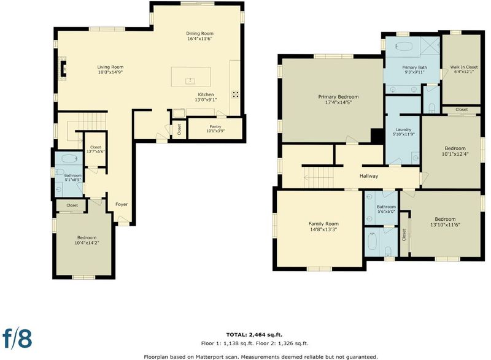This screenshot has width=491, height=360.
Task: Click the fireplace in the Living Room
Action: [x=64, y=68]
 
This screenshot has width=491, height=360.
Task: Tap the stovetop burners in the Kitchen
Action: [x=235, y=94]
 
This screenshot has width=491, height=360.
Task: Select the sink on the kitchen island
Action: [x=190, y=81]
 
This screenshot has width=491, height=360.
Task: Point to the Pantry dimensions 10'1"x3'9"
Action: [x=215, y=131]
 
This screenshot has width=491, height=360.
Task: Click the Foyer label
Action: [x=122, y=204]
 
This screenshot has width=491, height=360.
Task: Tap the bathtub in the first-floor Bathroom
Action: [x=69, y=159]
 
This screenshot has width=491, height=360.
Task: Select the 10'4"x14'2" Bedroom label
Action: [x=87, y=240]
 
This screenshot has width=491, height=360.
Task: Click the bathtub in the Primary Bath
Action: [x=404, y=46]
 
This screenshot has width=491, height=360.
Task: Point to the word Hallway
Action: [x=369, y=176]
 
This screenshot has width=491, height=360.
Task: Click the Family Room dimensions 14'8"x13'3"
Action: [x=323, y=229]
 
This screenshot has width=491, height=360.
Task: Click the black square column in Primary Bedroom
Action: [x=377, y=136]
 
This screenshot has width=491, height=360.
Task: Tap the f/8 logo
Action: [x=17, y=338]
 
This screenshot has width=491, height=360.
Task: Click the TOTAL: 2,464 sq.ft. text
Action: [x=254, y=335]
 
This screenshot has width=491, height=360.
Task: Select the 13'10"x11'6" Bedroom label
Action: [x=445, y=222]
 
